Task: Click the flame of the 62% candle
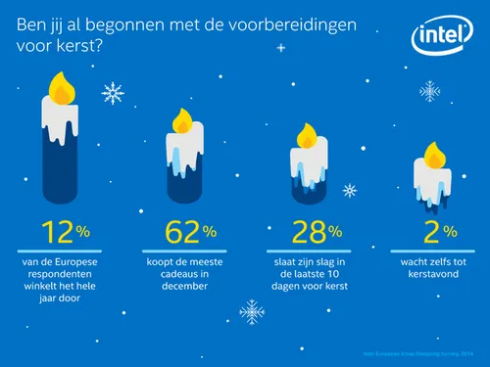point(182,120)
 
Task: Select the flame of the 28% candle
point(307,135)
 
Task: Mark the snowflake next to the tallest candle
point(114,94)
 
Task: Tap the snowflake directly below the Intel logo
point(429,93)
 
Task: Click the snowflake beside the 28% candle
point(350,190)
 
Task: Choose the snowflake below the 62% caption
point(252,311)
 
